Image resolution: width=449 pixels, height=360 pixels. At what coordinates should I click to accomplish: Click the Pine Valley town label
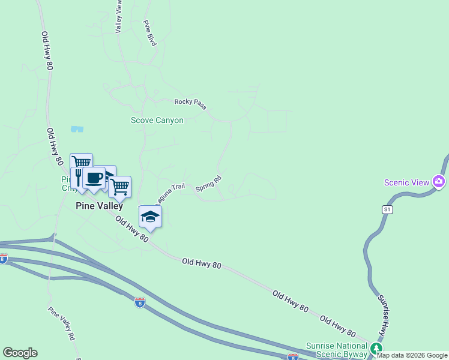tap(99, 205)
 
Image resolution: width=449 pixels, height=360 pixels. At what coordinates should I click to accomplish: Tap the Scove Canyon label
tap(157, 120)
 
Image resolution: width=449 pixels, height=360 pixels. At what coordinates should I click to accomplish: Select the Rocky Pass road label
tap(190, 103)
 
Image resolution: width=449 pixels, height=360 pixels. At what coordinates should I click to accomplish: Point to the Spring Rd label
tap(209, 183)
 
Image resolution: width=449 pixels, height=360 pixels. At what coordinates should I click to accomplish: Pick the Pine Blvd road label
tap(149, 32)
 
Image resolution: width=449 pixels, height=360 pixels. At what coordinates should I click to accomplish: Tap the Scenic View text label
tap(407, 182)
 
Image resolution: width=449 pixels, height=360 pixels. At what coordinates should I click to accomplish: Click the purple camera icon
tap(439, 181)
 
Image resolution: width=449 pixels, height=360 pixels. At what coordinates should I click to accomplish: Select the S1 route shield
tap(387, 209)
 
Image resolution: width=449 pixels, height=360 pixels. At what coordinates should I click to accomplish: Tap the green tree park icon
tap(376, 348)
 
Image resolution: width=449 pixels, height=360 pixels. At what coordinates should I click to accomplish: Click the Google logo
tap(20, 353)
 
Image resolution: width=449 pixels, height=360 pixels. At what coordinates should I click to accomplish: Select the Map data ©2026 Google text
tap(412, 355)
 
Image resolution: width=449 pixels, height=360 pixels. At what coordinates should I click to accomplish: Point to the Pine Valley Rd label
tap(62, 324)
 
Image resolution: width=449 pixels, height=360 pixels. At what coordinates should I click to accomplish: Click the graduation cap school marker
tap(150, 217)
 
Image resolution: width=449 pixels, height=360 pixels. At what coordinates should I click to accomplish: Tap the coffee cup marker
tap(94, 178)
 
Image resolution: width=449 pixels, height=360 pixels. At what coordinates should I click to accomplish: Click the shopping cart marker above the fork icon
tap(81, 163)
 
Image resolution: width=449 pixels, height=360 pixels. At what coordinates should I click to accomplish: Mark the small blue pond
tap(77, 128)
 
